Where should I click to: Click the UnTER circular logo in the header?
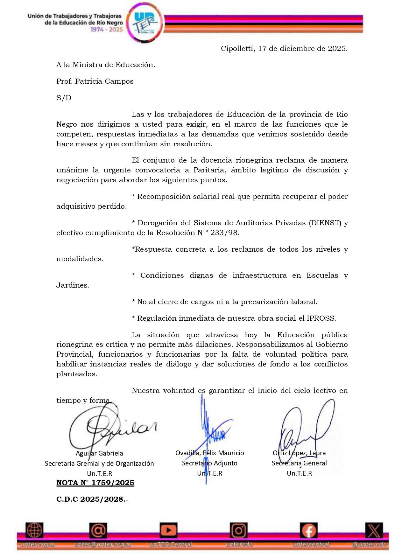[145, 23]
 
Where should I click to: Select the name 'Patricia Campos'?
[104, 81]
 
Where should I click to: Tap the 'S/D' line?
[64, 98]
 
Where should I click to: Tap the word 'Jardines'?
[73, 285]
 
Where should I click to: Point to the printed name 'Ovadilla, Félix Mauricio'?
[210, 453]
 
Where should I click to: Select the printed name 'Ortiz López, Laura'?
[299, 453]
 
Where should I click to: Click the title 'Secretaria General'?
[299, 463]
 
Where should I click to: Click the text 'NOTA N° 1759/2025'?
[95, 483]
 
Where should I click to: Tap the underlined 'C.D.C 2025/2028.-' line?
[92, 499]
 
